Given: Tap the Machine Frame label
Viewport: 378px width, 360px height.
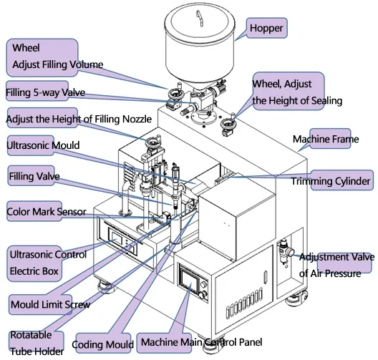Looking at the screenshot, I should pyautogui.click(x=325, y=140).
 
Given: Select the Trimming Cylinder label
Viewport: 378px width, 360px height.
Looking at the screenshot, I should pyautogui.click(x=330, y=182).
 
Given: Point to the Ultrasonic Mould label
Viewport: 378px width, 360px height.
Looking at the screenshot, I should pyautogui.click(x=43, y=145).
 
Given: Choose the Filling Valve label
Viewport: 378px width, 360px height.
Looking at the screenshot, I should pyautogui.click(x=34, y=175).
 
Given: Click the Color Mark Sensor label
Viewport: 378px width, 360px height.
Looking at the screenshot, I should pyautogui.click(x=47, y=212).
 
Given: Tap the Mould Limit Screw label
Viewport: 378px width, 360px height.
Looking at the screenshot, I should pyautogui.click(x=50, y=305).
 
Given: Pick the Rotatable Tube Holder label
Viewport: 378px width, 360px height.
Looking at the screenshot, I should pyautogui.click(x=37, y=343).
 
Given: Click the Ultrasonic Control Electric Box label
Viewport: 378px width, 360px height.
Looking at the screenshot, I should pyautogui.click(x=48, y=263).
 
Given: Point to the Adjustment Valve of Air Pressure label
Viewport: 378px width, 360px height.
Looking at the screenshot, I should pyautogui.click(x=335, y=265).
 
